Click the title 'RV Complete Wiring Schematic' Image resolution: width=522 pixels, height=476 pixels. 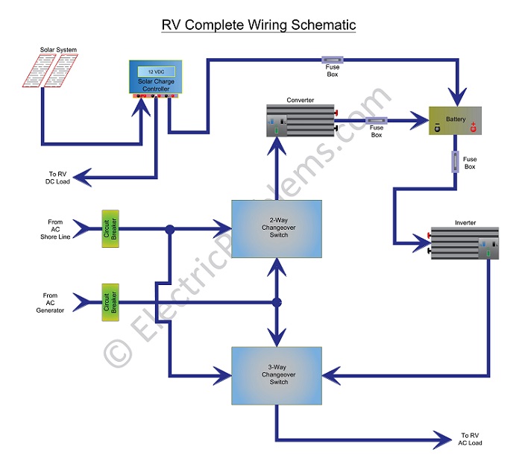[259, 25]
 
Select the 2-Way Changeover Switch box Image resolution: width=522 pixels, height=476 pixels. [276, 229]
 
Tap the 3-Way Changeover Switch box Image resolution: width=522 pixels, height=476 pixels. [276, 376]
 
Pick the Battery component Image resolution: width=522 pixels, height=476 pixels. [455, 121]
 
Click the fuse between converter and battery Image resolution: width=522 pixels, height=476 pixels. [376, 119]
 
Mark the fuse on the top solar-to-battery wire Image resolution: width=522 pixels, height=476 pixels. [333, 57]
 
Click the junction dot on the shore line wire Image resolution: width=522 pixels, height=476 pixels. [170, 229]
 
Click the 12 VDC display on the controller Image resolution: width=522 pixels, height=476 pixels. [156, 70]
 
